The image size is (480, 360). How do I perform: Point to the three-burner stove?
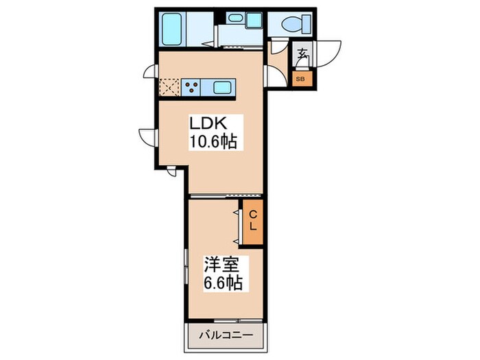[x=191, y=87]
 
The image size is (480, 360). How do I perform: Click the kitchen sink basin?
[x=222, y=87]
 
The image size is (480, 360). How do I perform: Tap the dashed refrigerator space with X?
[x=169, y=87]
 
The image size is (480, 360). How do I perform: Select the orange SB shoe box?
[x=300, y=78]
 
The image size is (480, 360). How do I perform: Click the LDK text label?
[x=208, y=125]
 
